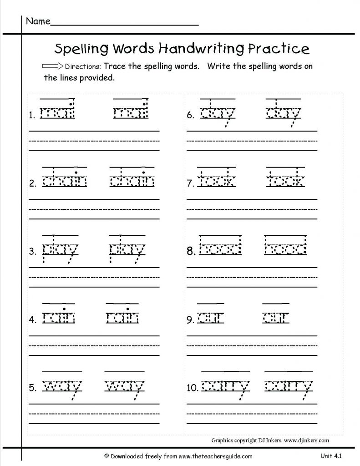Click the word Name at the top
tap(37, 21)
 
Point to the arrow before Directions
tap(52, 66)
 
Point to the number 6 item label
tap(190, 116)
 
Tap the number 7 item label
tap(190, 184)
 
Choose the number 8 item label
tap(191, 251)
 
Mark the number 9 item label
tap(190, 320)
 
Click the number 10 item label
tap(192, 388)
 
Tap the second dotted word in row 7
tap(285, 181)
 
